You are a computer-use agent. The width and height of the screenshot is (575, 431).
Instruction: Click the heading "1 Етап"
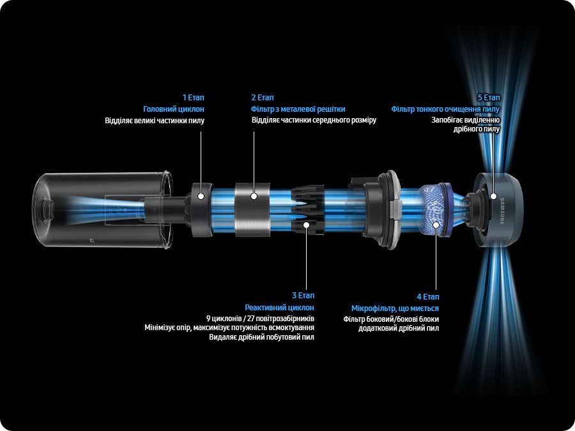pos(193,98)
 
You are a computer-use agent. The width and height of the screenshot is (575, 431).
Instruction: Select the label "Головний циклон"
pos(173,109)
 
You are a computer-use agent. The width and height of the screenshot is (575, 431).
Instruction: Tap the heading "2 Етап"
pos(263,98)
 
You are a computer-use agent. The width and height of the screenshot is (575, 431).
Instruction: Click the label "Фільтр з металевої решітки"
pos(298,109)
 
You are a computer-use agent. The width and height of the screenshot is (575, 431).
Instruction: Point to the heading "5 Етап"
pos(489,98)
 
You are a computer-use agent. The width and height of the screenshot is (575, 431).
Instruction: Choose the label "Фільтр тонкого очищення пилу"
pos(445,109)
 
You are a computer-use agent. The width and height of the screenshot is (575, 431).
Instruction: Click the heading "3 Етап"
pos(303,296)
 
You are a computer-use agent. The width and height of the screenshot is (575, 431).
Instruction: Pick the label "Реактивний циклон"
pos(279,308)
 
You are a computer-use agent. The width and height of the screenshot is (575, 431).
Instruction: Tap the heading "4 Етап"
pos(427,296)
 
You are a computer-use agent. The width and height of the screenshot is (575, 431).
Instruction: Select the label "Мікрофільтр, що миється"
pos(395,308)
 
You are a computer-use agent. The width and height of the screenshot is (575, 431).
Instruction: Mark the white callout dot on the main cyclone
pos(201,196)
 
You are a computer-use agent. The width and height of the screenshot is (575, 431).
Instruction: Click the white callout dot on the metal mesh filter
pos(254,196)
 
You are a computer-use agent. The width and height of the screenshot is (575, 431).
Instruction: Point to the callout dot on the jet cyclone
pos(306,225)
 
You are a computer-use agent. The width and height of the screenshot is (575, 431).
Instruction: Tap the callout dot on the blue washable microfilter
pos(436,225)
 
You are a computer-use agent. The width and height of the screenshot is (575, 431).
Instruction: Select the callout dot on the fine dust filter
pos(493,196)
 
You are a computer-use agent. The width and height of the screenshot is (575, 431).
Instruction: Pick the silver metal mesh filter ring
pos(252,210)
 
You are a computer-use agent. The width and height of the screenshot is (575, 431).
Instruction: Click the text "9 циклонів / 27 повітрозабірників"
pos(261,318)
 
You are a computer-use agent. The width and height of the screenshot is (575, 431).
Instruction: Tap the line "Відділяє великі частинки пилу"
pos(155,121)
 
